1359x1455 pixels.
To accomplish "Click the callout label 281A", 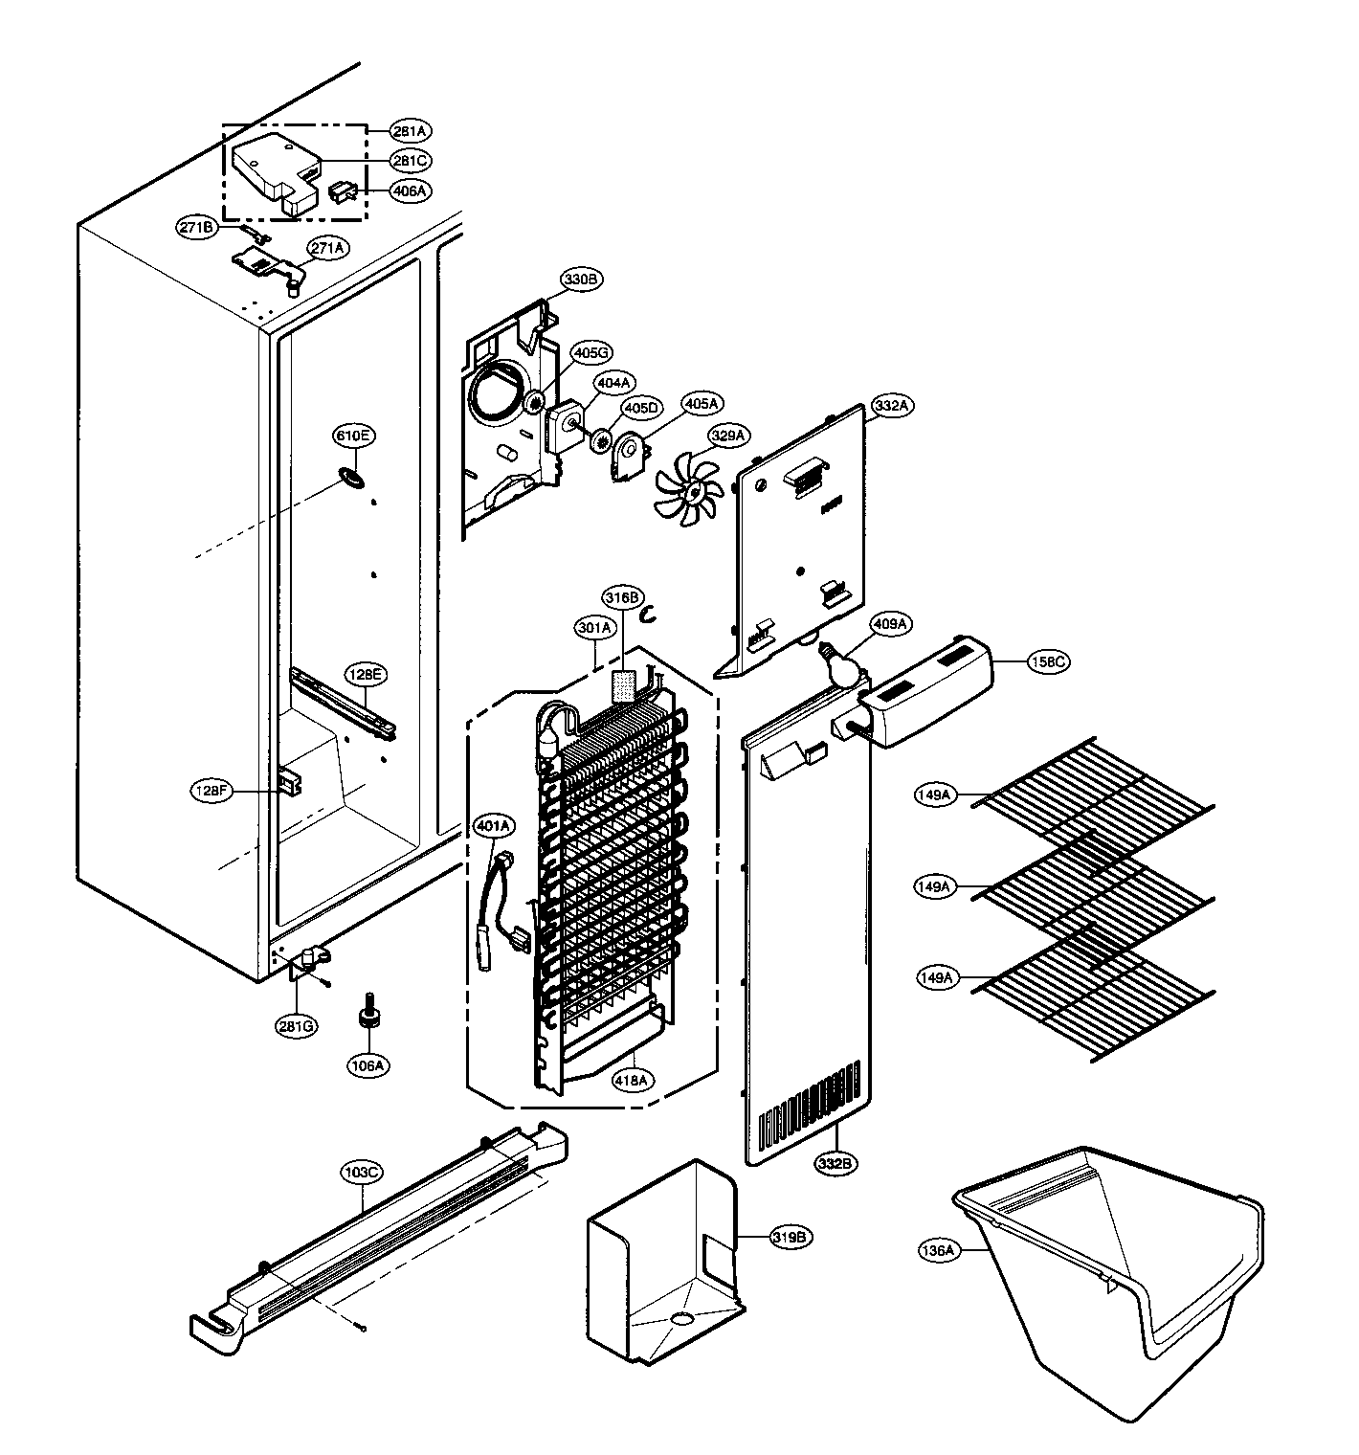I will pyautogui.click(x=411, y=130).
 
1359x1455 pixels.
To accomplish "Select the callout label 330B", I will pyautogui.click(x=581, y=280).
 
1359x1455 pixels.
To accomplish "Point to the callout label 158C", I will pyautogui.click(x=1050, y=661).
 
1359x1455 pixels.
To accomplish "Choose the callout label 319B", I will pyautogui.click(x=793, y=1237).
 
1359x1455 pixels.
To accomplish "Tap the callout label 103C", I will pyautogui.click(x=363, y=1171).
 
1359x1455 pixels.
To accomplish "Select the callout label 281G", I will pyautogui.click(x=297, y=1026).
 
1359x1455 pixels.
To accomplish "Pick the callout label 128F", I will pyautogui.click(x=211, y=791).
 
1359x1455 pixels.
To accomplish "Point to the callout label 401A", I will pyautogui.click(x=494, y=825).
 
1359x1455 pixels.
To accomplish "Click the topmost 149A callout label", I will pyautogui.click(x=934, y=795).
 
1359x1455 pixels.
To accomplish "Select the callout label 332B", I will pyautogui.click(x=835, y=1163).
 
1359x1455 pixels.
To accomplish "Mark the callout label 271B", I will pyautogui.click(x=198, y=227).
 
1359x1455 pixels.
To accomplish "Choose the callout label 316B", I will pyautogui.click(x=620, y=598).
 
